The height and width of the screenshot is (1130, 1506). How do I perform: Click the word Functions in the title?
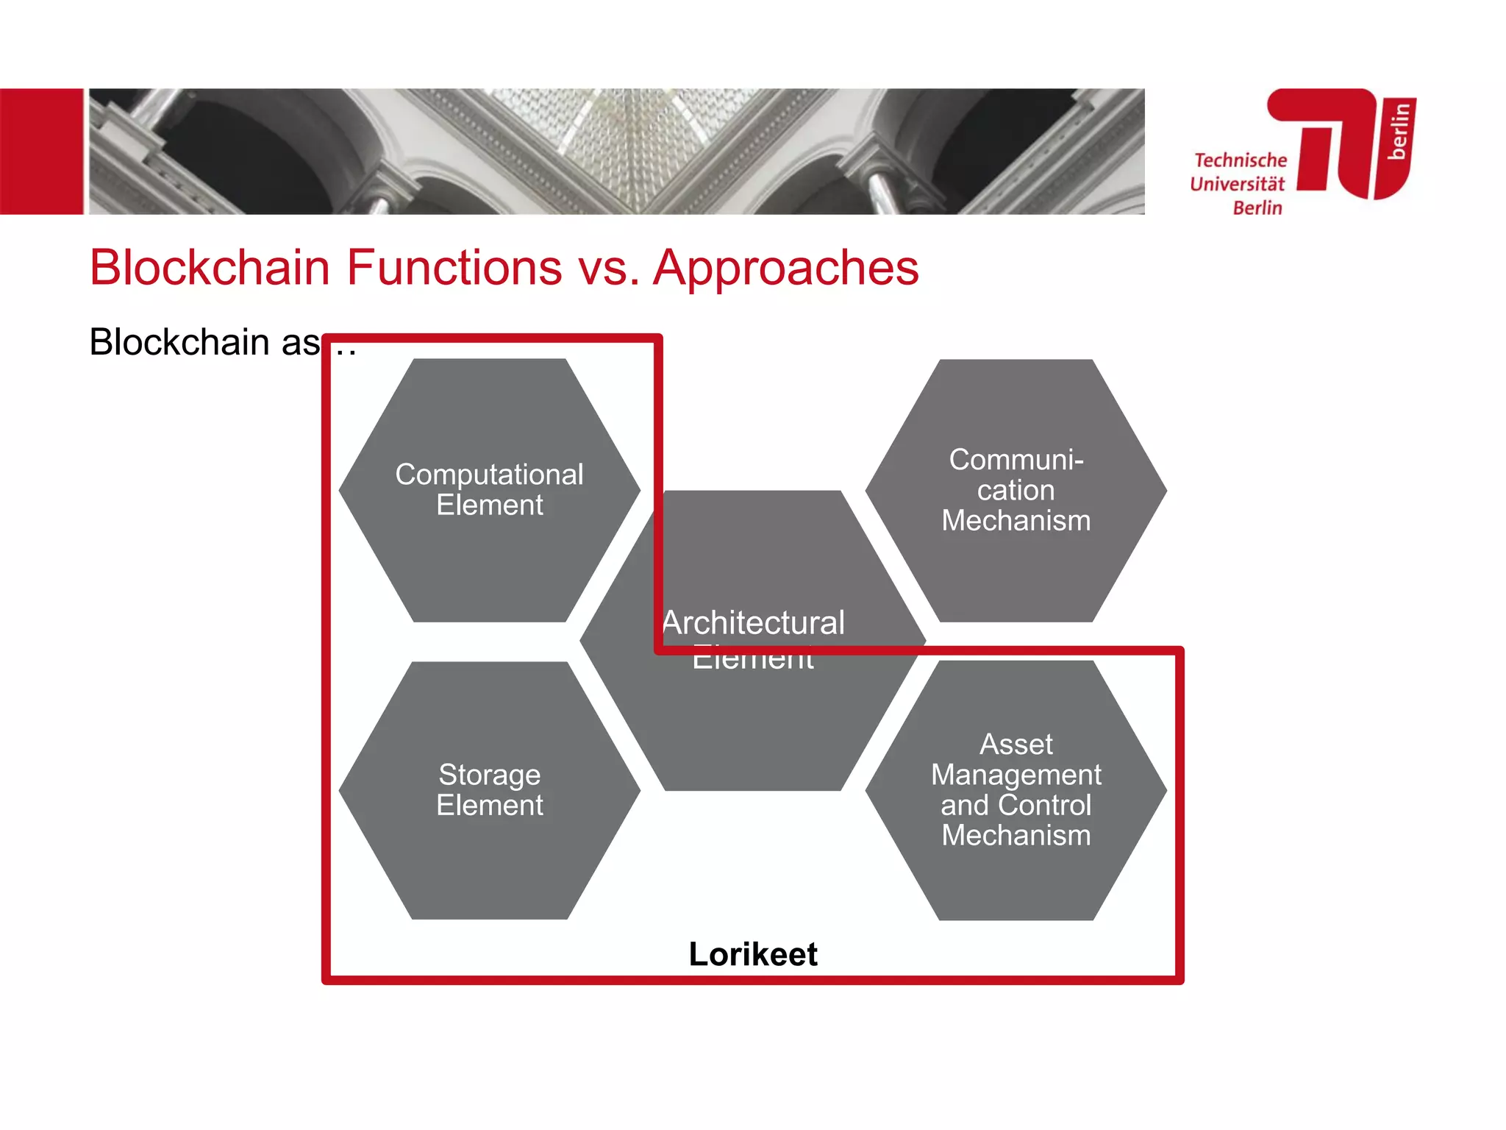454,267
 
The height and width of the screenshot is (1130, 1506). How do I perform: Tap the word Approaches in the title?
786,267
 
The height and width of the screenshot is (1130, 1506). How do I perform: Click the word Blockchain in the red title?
210,267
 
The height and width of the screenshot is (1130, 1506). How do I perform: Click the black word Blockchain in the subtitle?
179,342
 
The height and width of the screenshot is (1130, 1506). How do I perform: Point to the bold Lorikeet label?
753,954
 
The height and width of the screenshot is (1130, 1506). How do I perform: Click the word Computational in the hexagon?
489,475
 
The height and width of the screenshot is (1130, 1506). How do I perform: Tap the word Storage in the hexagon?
489,775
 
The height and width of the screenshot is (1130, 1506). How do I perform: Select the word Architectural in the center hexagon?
754,623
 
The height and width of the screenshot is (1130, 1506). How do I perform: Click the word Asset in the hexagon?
1016,745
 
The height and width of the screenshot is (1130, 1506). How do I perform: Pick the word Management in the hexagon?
1016,775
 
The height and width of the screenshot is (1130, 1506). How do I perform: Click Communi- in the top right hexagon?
1016,460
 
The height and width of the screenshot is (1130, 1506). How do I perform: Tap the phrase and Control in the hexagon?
1016,805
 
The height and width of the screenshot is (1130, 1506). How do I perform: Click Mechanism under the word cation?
1016,521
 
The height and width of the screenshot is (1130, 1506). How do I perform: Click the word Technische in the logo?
1241,160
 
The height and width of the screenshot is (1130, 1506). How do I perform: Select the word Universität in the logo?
1238,184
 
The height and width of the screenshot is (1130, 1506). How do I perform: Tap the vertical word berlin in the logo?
1399,131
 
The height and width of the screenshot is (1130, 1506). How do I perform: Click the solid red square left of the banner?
41,152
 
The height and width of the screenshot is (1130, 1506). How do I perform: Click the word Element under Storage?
489,806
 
